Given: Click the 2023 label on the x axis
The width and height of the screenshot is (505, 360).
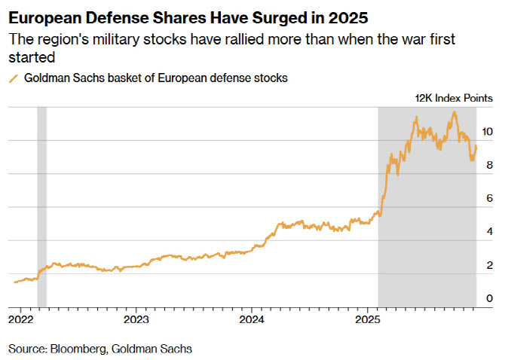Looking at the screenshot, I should click(x=136, y=319).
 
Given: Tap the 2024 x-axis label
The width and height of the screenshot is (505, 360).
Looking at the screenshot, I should click(x=252, y=319).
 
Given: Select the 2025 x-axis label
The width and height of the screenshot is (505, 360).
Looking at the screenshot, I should click(x=368, y=319).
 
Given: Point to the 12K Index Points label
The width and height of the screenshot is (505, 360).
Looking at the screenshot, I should click(x=454, y=98).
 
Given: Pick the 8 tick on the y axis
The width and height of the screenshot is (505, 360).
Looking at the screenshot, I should click(x=490, y=164).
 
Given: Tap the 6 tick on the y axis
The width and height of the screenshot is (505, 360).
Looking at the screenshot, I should click(x=490, y=197).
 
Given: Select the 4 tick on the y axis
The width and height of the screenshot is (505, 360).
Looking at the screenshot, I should click(x=490, y=231).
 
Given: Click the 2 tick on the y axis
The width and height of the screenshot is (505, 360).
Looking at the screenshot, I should click(x=490, y=265).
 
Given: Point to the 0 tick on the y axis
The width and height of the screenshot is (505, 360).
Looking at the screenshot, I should click(x=490, y=298).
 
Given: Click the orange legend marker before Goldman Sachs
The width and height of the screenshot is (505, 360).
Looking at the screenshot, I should click(x=13, y=78).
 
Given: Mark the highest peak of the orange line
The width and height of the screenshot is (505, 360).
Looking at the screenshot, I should click(x=454, y=112).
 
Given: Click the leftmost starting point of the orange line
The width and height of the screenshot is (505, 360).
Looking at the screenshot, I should click(x=14, y=282).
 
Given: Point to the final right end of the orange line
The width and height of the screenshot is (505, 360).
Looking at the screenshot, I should click(x=476, y=147).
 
